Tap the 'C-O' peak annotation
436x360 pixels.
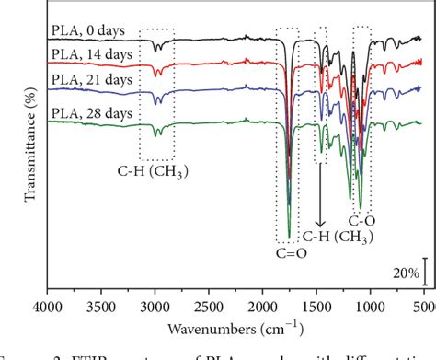pyautogui.click(x=361, y=221)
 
